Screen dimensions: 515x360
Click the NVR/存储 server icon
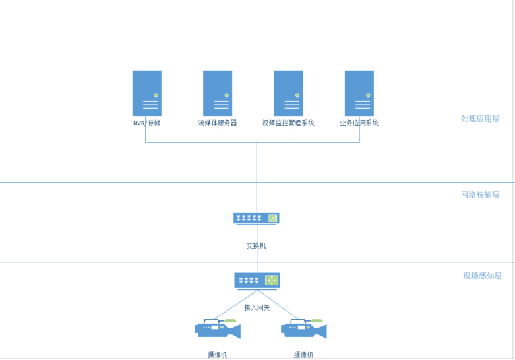(x=146, y=93)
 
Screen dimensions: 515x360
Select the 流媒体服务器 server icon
(x=218, y=93)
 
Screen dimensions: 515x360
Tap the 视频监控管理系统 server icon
(x=288, y=93)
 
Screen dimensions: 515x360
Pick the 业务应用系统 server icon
(x=359, y=93)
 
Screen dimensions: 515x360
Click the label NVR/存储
(x=146, y=123)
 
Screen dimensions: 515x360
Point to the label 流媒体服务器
(x=218, y=123)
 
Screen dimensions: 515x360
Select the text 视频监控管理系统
(x=288, y=123)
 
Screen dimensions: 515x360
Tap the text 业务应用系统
(x=359, y=123)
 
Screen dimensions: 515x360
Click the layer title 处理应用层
(x=480, y=119)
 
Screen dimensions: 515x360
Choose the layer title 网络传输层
(x=480, y=195)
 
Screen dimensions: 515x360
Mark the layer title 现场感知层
(x=482, y=276)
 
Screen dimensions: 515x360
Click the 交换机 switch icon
(x=257, y=218)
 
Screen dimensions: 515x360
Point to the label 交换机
(x=257, y=245)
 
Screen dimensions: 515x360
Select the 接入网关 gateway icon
(x=257, y=280)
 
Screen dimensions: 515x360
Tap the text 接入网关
(x=257, y=307)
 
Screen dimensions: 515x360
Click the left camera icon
(x=218, y=328)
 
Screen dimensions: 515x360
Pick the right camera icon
(x=303, y=328)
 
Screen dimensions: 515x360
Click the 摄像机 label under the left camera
(x=218, y=355)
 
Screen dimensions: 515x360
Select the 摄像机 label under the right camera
(x=303, y=355)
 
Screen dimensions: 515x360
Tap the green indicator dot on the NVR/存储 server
(x=156, y=95)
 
